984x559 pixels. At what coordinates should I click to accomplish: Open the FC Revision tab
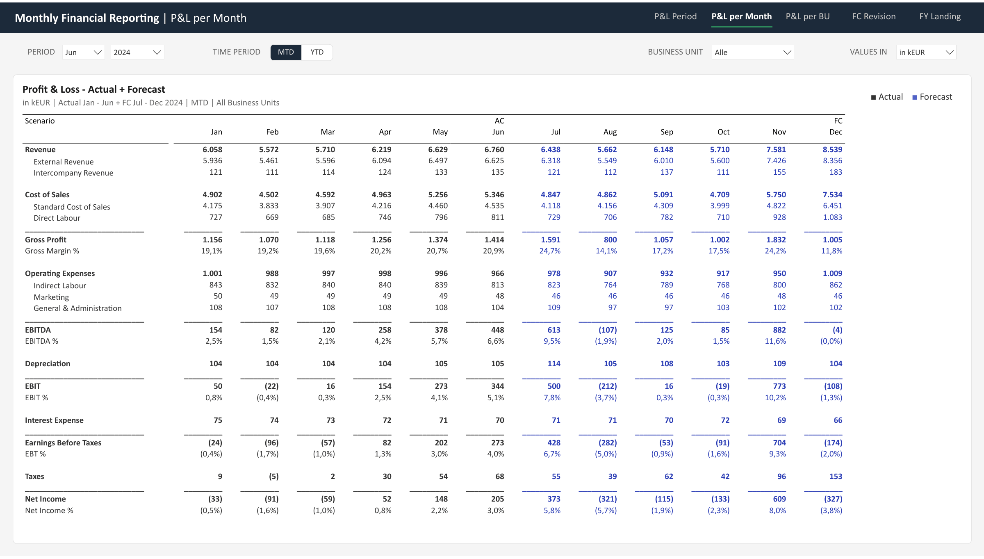(874, 16)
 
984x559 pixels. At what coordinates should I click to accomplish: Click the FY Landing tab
(940, 16)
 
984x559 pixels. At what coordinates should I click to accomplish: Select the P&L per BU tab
(808, 16)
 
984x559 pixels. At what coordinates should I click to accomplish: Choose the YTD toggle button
(317, 52)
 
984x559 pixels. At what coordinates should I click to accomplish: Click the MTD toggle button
(286, 52)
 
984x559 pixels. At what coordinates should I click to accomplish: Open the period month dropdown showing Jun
(84, 52)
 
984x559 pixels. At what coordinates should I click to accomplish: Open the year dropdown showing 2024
(137, 52)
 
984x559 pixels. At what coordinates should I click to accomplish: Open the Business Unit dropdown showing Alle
(753, 52)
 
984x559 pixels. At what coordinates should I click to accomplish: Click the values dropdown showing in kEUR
(927, 52)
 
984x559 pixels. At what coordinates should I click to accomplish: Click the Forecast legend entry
(932, 97)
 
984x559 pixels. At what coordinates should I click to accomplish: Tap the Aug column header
(610, 132)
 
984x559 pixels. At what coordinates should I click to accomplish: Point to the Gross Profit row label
(46, 240)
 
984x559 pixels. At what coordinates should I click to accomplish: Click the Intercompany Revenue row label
(73, 173)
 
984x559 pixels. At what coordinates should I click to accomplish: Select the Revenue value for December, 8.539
(832, 150)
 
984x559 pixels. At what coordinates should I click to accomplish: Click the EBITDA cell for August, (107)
(607, 330)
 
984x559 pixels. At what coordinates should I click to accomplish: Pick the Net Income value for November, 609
(779, 499)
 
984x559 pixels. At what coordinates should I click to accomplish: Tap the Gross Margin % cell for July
(550, 251)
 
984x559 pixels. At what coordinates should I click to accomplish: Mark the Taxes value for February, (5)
(273, 476)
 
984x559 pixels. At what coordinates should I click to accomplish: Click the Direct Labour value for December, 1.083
(832, 217)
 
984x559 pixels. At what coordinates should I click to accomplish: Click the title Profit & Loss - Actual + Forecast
(93, 89)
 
